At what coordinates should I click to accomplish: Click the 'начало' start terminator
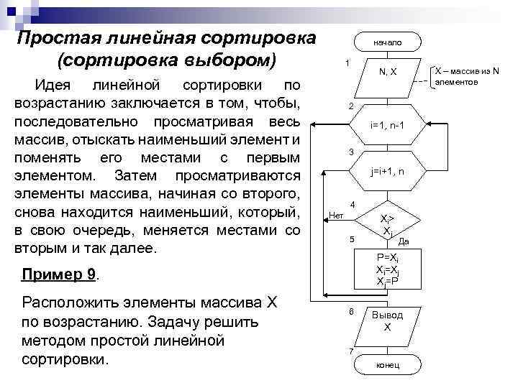click(387, 44)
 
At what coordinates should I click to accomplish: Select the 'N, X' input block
click(387, 72)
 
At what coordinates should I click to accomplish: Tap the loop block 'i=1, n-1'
click(387, 125)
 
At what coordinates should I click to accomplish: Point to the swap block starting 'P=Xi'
click(387, 269)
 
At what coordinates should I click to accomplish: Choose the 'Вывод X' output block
click(387, 320)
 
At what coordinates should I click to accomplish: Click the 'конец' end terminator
click(387, 365)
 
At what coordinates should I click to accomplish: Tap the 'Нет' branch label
click(336, 214)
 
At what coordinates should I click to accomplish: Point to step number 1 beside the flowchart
click(348, 62)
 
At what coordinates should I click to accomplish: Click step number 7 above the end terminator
click(350, 351)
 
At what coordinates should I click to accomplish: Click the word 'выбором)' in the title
click(232, 58)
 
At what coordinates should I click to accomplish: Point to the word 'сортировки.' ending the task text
click(67, 358)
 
